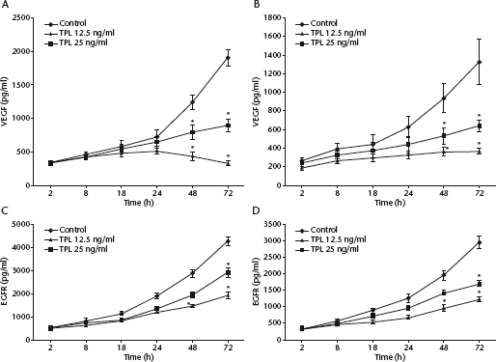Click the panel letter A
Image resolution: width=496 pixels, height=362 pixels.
pyautogui.click(x=5, y=5)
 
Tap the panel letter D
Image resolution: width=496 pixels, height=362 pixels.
pyautogui.click(x=256, y=210)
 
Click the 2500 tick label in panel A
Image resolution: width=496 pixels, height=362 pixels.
pyautogui.click(x=21, y=17)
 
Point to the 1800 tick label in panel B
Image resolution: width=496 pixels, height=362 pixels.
pyautogui.click(x=272, y=17)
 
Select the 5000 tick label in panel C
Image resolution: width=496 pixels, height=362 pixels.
pyautogui.click(x=21, y=224)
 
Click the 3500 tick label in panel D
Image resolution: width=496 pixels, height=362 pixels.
pyautogui.click(x=272, y=224)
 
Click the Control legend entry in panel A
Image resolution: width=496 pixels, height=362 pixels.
pyautogui.click(x=66, y=23)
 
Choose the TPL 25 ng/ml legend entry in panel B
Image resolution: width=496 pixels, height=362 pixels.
pyautogui.click(x=327, y=42)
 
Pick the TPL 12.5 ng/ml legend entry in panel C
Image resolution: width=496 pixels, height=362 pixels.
pyautogui.click(x=79, y=239)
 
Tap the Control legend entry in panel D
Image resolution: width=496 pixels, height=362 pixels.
pyautogui.click(x=317, y=230)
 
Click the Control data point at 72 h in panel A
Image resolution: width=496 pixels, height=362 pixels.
pyautogui.click(x=228, y=58)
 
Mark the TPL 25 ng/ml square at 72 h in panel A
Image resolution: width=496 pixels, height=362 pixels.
pyautogui.click(x=228, y=125)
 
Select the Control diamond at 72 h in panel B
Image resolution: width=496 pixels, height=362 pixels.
pyautogui.click(x=480, y=62)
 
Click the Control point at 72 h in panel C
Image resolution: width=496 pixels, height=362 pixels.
pyautogui.click(x=228, y=241)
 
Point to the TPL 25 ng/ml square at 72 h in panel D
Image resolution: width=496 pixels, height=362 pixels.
pyautogui.click(x=480, y=284)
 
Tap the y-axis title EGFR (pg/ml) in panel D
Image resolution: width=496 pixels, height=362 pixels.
pyautogui.click(x=256, y=282)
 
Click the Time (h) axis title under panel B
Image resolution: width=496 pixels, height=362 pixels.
pyautogui.click(x=390, y=203)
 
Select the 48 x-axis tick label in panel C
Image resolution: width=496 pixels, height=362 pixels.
pyautogui.click(x=192, y=348)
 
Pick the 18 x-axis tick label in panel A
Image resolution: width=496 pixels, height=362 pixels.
pyautogui.click(x=122, y=193)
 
